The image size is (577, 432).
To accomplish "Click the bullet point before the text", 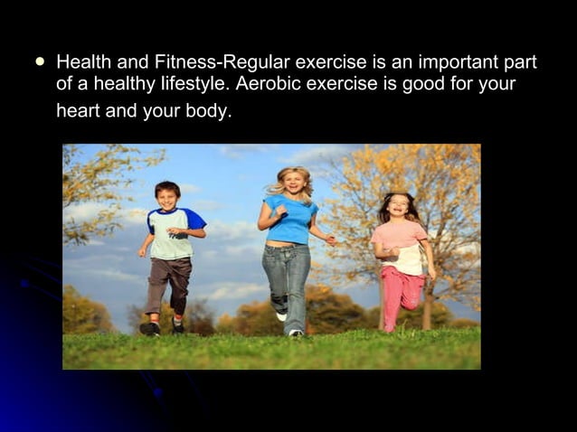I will pyautogui.click(x=39, y=63).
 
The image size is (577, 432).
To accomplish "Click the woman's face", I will pyautogui.click(x=294, y=183).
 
